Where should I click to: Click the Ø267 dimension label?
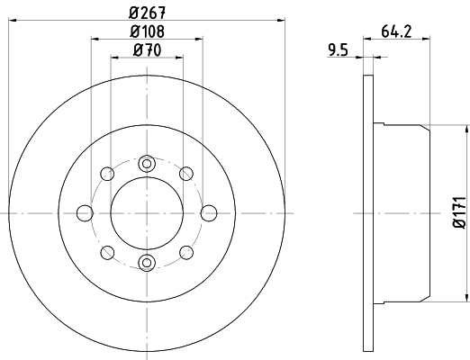tap(147, 12)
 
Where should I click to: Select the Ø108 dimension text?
tap(147, 31)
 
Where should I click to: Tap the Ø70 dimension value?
tap(147, 50)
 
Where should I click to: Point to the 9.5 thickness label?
tap(338, 51)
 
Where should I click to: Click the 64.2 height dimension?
tap(395, 31)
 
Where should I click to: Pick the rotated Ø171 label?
tap(457, 212)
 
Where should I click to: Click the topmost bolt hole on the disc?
tap(147, 163)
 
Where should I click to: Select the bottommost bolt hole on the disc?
tap(147, 262)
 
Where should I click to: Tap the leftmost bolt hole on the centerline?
tap(86, 212)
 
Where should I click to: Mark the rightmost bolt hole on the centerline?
tap(209, 212)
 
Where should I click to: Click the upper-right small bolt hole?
tap(186, 173)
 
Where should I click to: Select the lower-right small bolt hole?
tap(186, 252)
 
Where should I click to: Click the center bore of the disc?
tap(147, 212)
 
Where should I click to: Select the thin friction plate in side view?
tap(367, 212)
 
